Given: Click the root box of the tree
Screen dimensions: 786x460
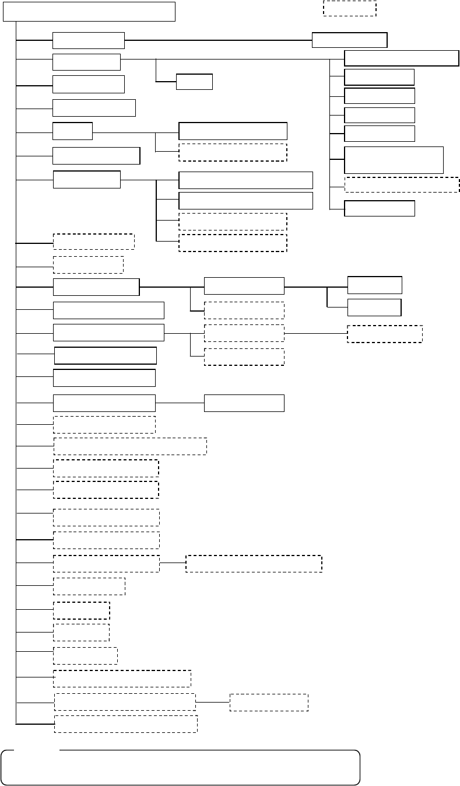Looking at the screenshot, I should (89, 11).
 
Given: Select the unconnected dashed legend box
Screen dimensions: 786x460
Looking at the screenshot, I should (349, 8).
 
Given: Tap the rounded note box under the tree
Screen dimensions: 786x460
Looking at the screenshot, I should (181, 767).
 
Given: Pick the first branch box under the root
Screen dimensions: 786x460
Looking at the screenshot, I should (89, 40).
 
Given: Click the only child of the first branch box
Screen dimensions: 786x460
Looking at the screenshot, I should (349, 40).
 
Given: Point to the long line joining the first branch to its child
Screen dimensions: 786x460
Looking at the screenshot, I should (219, 40).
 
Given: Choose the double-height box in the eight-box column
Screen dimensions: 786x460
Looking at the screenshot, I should (394, 160).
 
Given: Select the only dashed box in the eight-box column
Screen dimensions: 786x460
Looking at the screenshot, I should (402, 184).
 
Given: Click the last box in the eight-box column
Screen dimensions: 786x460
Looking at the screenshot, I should (380, 208).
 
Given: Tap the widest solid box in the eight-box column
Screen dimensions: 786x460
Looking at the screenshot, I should (402, 58).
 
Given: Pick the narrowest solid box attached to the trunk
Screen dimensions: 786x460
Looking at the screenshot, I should (72, 131).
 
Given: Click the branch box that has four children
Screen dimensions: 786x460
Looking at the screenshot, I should (87, 180).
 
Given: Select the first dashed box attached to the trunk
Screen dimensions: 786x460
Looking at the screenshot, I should (93, 242).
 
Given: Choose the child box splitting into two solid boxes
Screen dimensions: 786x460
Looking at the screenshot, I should (244, 286).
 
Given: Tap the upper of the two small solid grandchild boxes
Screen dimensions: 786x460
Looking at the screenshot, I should (374, 285).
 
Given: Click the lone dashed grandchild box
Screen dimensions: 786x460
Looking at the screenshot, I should (385, 334).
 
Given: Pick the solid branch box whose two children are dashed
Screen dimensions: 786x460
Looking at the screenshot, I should (108, 333).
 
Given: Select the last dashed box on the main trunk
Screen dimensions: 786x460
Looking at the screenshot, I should (125, 724).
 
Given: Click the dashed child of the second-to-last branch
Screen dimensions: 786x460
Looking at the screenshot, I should (269, 703).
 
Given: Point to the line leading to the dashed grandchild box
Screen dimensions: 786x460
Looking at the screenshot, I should (315, 334).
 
